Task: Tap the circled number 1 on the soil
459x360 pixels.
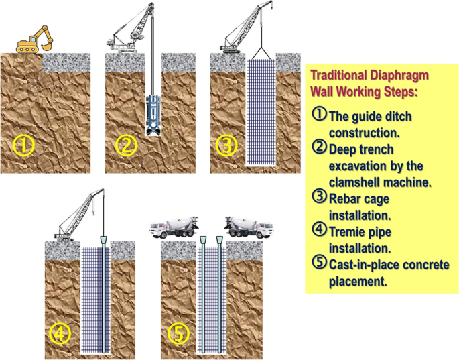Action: point(24,145)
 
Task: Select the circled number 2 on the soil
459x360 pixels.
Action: point(127,145)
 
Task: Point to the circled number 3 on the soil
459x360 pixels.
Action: point(228,145)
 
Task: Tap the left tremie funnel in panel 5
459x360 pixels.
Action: point(202,240)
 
